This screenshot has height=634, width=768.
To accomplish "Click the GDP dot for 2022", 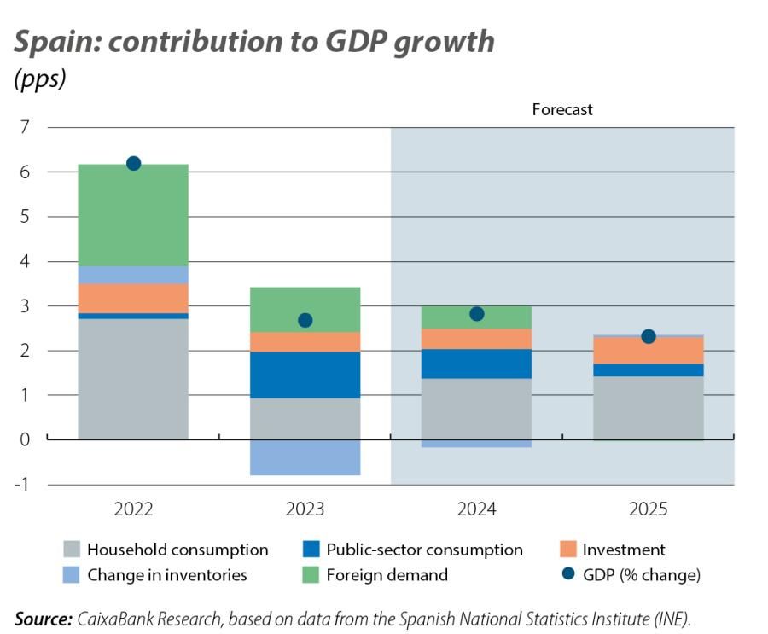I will point(133,164).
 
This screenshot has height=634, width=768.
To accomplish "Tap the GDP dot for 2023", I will point(305,320).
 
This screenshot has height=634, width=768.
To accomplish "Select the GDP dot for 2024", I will point(477,314).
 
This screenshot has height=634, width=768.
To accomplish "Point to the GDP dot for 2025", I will point(649,336).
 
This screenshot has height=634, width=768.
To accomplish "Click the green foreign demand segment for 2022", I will point(133,215).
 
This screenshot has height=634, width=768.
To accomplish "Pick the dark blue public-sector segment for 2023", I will point(305,375).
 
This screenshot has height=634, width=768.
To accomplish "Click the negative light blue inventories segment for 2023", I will point(305,457).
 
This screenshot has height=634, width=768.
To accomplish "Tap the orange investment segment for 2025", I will point(649,351).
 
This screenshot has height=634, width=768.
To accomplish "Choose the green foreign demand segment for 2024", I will point(477,317).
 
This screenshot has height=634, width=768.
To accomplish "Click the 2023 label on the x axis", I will point(305,509).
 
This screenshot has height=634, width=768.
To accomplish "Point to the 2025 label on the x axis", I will point(649,509).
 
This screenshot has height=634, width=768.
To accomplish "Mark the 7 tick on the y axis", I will point(25,128).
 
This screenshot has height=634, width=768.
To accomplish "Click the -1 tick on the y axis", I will point(22,485).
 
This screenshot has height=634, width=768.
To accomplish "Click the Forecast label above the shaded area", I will point(561,110).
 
